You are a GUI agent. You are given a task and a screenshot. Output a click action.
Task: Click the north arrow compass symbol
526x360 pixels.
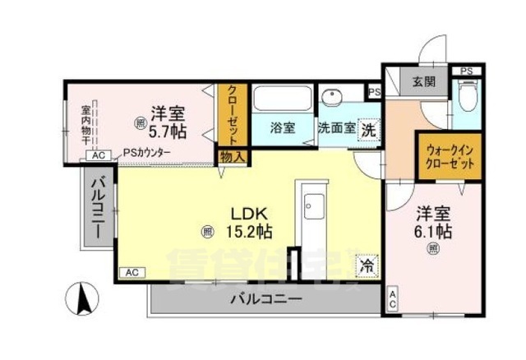coord(83,298)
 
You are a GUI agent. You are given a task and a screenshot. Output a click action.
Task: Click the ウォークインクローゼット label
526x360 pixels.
coord(450,157)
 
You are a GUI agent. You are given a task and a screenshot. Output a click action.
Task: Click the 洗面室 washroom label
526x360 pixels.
coord(336,128)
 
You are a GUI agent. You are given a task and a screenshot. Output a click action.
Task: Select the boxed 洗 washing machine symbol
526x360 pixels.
coord(369,129)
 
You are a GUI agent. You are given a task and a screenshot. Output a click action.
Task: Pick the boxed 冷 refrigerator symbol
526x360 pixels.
coord(367,266)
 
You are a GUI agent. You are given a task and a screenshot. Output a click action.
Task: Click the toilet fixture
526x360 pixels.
coord(468,101)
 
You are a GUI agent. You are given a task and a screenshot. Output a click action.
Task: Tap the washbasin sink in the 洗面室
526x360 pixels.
coord(334,98)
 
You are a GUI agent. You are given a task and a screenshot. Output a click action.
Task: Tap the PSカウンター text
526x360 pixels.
coord(148,153)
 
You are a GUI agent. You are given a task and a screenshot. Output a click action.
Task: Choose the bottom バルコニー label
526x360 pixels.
coord(265,298)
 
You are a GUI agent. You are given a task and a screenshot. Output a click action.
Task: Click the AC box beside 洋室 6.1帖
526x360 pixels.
coord(392,300)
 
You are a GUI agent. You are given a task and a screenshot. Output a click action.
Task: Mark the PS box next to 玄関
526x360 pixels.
coord(466,72)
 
